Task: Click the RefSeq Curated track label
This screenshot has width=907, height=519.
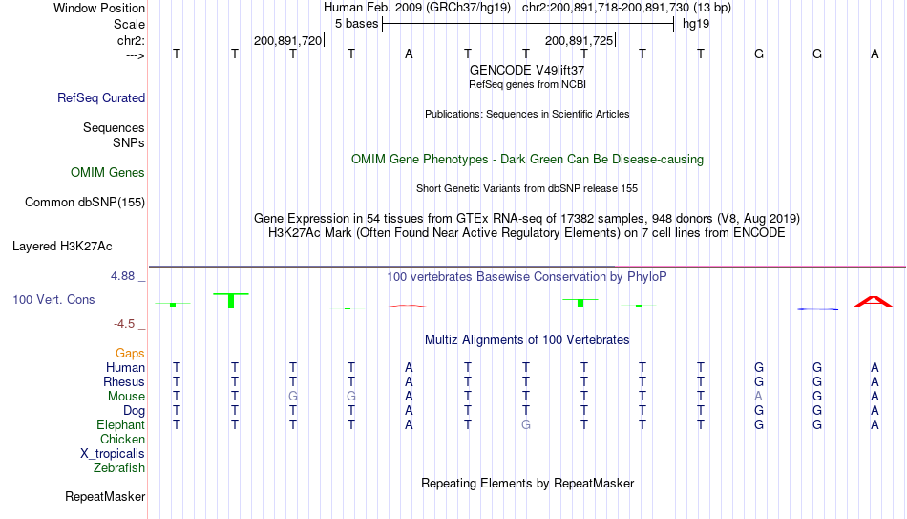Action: [x=101, y=97]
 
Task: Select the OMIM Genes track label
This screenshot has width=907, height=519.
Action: [x=108, y=173]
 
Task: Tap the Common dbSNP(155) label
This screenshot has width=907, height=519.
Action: [x=85, y=203]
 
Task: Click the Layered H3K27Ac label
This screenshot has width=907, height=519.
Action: [x=62, y=247]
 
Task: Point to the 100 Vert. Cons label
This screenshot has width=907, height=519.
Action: [x=53, y=299]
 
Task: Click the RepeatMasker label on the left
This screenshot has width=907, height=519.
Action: [x=105, y=496]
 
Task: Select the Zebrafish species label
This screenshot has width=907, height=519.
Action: [x=119, y=467]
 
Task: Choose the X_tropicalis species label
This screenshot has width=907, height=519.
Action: [x=113, y=454]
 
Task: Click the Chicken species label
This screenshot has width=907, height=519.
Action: [x=122, y=439]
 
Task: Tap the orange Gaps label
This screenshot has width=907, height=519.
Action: [x=130, y=354]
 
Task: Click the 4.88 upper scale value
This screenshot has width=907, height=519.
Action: [x=122, y=276]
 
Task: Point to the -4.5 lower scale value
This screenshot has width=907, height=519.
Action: [x=124, y=324]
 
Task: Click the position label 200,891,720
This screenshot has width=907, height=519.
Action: [x=287, y=40]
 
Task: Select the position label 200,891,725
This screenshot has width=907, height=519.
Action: [x=579, y=40]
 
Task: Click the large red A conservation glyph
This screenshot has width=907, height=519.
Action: [x=874, y=301]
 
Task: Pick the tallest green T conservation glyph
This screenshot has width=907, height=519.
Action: [x=231, y=300]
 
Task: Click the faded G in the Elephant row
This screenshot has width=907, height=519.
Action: [x=526, y=424]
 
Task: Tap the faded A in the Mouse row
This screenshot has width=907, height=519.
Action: [x=758, y=397]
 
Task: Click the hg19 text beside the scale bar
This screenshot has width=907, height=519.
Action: [x=696, y=24]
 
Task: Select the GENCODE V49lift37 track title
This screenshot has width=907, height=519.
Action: [x=527, y=70]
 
